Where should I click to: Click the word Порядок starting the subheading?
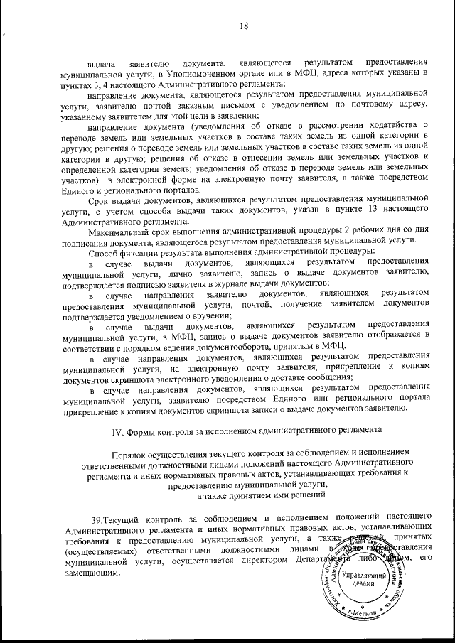coord(132,454)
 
